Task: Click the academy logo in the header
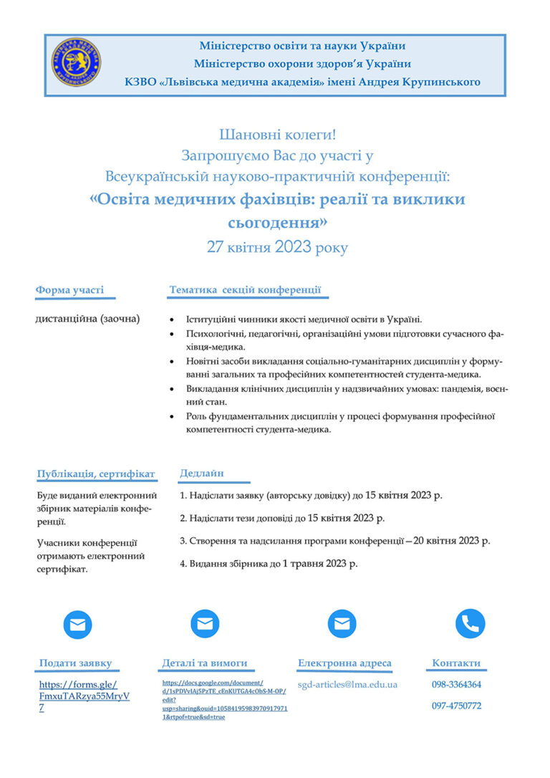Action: (76, 63)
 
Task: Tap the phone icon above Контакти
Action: (470, 623)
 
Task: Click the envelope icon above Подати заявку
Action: (77, 624)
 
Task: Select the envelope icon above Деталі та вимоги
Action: (205, 623)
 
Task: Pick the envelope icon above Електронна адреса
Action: (342, 623)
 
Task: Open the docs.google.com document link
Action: (224, 700)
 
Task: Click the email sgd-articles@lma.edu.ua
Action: (347, 684)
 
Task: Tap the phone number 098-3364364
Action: (456, 684)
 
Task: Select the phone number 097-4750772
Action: (456, 706)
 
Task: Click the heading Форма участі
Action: (69, 290)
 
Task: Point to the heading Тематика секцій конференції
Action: (245, 290)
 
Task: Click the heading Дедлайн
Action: (201, 473)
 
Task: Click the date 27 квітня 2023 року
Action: (277, 248)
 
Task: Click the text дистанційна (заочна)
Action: (88, 318)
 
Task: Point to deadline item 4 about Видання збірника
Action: (269, 563)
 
